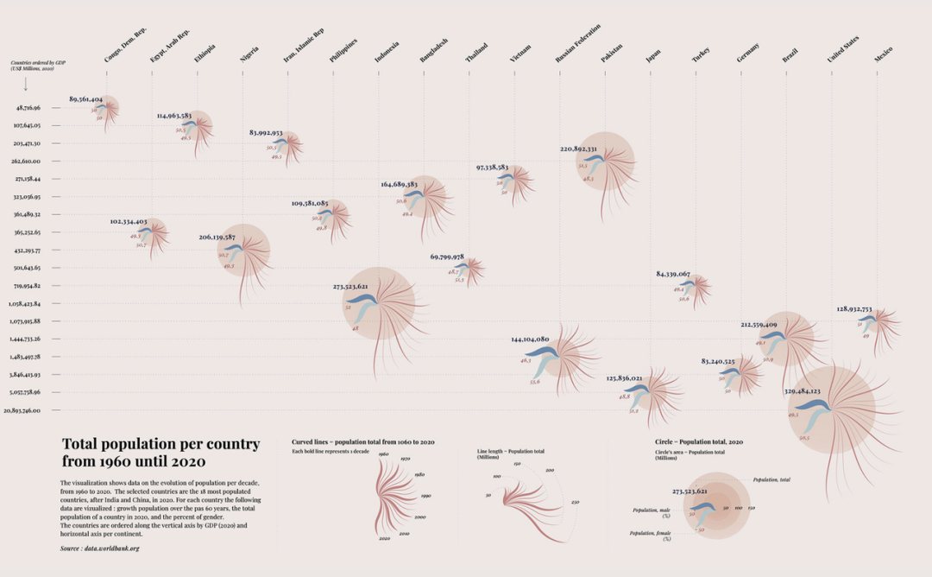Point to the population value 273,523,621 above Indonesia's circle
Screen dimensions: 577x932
click(x=350, y=287)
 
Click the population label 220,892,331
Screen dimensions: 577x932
click(x=578, y=149)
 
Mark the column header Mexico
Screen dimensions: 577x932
click(x=883, y=54)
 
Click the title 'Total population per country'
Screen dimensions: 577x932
click(x=161, y=444)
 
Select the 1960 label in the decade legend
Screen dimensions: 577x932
click(x=383, y=453)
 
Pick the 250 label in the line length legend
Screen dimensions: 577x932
click(x=575, y=502)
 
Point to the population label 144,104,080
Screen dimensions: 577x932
click(x=530, y=339)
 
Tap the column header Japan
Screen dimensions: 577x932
click(x=653, y=56)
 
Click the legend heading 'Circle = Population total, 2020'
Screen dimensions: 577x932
click(x=699, y=441)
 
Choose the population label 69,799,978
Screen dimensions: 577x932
click(x=447, y=257)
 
